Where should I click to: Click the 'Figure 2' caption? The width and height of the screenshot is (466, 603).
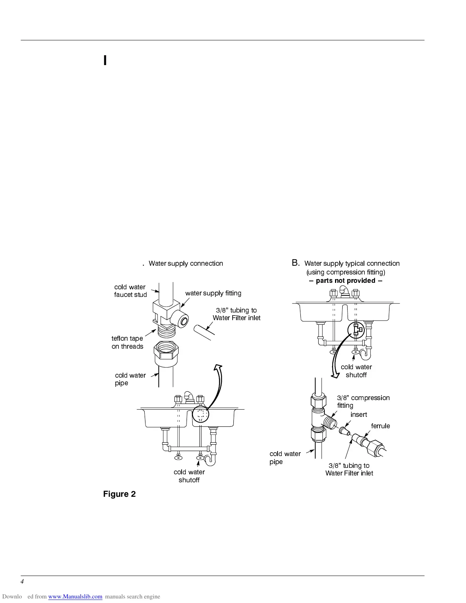coord(119,494)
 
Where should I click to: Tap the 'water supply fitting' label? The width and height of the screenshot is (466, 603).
coord(213,293)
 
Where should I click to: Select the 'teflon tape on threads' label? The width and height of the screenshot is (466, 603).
coord(127,342)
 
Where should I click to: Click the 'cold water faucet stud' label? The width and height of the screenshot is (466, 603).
coord(130,291)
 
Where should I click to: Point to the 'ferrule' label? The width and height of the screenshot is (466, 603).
coord(380,426)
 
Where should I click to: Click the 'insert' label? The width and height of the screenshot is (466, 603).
coord(359,415)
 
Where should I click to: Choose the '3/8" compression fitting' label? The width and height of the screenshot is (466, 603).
coord(363,402)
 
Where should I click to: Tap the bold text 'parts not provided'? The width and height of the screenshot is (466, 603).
coord(345,281)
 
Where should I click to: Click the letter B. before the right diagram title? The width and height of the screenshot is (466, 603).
coord(296,263)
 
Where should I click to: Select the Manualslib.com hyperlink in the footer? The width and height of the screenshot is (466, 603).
coord(75,597)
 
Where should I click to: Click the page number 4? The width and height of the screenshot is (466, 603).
coord(22,581)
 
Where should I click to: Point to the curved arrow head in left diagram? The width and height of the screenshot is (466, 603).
coord(218,367)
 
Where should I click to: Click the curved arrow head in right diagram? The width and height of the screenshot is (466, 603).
coord(335,375)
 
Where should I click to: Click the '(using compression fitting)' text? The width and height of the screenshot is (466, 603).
coord(346,272)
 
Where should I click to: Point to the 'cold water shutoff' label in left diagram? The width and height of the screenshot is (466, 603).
coord(189,476)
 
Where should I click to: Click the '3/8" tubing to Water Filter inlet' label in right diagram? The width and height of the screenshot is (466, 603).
coord(349,469)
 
